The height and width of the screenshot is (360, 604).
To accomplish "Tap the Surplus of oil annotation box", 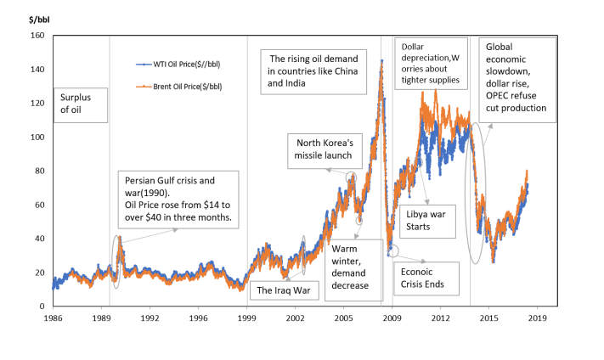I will pyautogui.click(x=82, y=105).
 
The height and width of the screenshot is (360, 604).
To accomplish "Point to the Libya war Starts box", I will pyautogui.click(x=426, y=220).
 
